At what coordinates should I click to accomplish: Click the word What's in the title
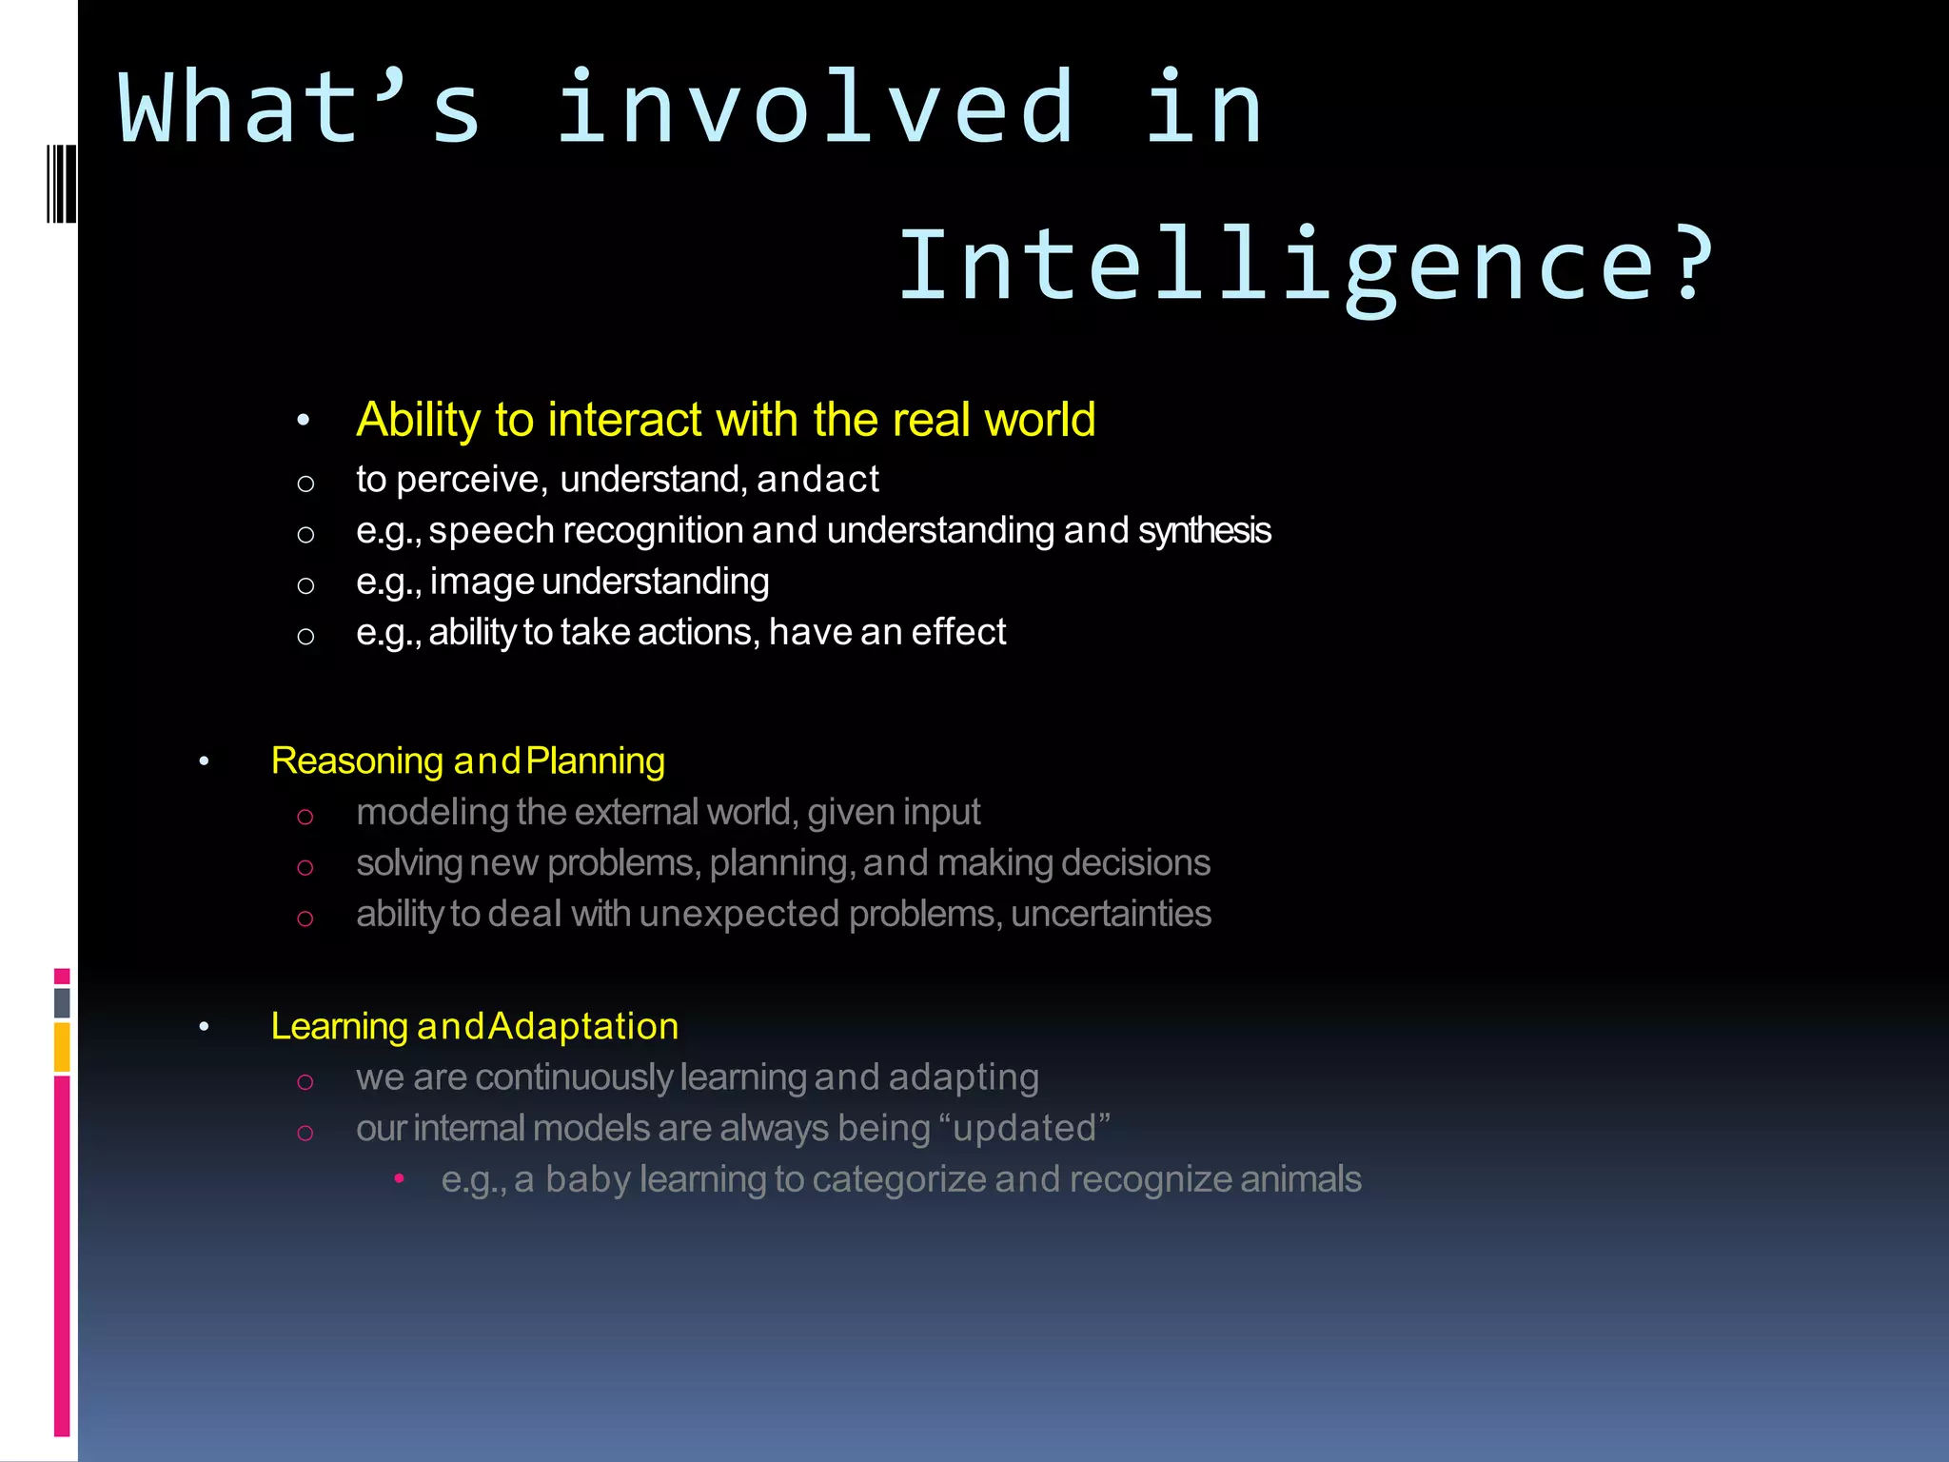pyautogui.click(x=300, y=108)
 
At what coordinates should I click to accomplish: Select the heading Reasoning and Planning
pyautogui.click(x=467, y=761)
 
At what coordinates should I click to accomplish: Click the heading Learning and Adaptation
pyautogui.click(x=474, y=1026)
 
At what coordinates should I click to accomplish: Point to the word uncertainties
pyautogui.click(x=1111, y=914)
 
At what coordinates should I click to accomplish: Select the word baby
pyautogui.click(x=587, y=1180)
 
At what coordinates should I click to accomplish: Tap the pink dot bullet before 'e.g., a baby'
pyautogui.click(x=400, y=1179)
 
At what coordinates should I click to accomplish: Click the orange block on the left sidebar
pyautogui.click(x=62, y=1046)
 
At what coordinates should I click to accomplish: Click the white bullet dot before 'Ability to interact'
pyautogui.click(x=304, y=421)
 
